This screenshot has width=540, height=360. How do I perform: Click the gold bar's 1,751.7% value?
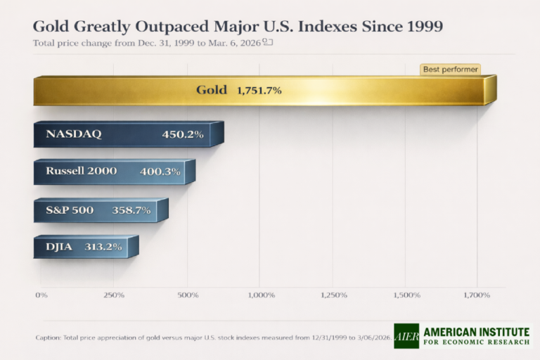259,90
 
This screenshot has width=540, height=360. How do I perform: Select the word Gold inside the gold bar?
211,90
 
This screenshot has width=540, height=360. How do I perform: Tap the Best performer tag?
450,70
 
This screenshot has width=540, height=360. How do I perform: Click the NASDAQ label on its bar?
74,134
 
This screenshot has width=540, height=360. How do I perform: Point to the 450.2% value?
183,134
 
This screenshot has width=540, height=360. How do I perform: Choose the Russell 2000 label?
82,171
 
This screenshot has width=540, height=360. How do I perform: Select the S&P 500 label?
70,210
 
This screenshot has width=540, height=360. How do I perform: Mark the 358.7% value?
131,210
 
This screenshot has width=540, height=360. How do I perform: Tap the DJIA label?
60,246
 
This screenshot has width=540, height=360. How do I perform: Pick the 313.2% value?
103,247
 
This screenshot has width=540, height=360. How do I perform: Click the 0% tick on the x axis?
41,295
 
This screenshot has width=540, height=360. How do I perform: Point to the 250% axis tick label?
114,295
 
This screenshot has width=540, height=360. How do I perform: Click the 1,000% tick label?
261,295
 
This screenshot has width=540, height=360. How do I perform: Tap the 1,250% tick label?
334,295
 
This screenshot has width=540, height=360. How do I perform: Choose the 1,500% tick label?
407,295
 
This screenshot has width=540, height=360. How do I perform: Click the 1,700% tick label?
477,295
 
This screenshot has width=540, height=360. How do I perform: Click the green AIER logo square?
406,336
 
